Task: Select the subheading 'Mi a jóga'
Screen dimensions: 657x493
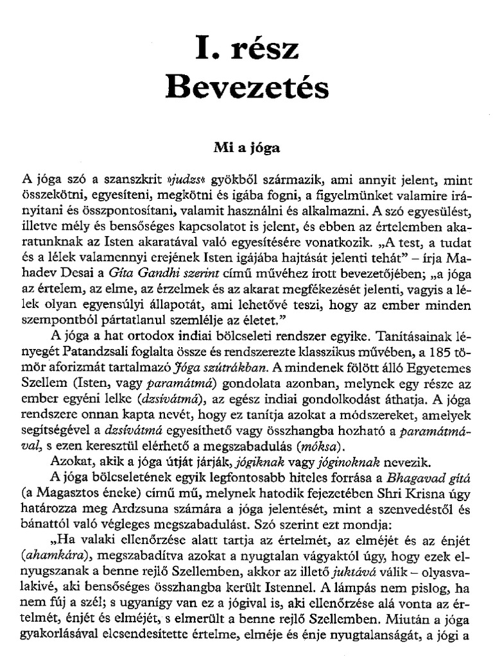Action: (246, 147)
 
